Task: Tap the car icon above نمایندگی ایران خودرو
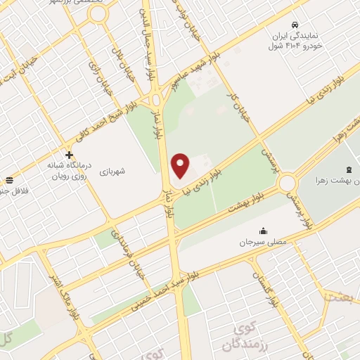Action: point(299,22)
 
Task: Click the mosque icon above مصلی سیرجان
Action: point(263,231)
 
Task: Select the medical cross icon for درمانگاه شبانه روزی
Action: point(69,155)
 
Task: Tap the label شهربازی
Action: point(112,170)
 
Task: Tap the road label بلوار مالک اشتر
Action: point(62,276)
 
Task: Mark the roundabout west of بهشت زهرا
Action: point(286,184)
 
